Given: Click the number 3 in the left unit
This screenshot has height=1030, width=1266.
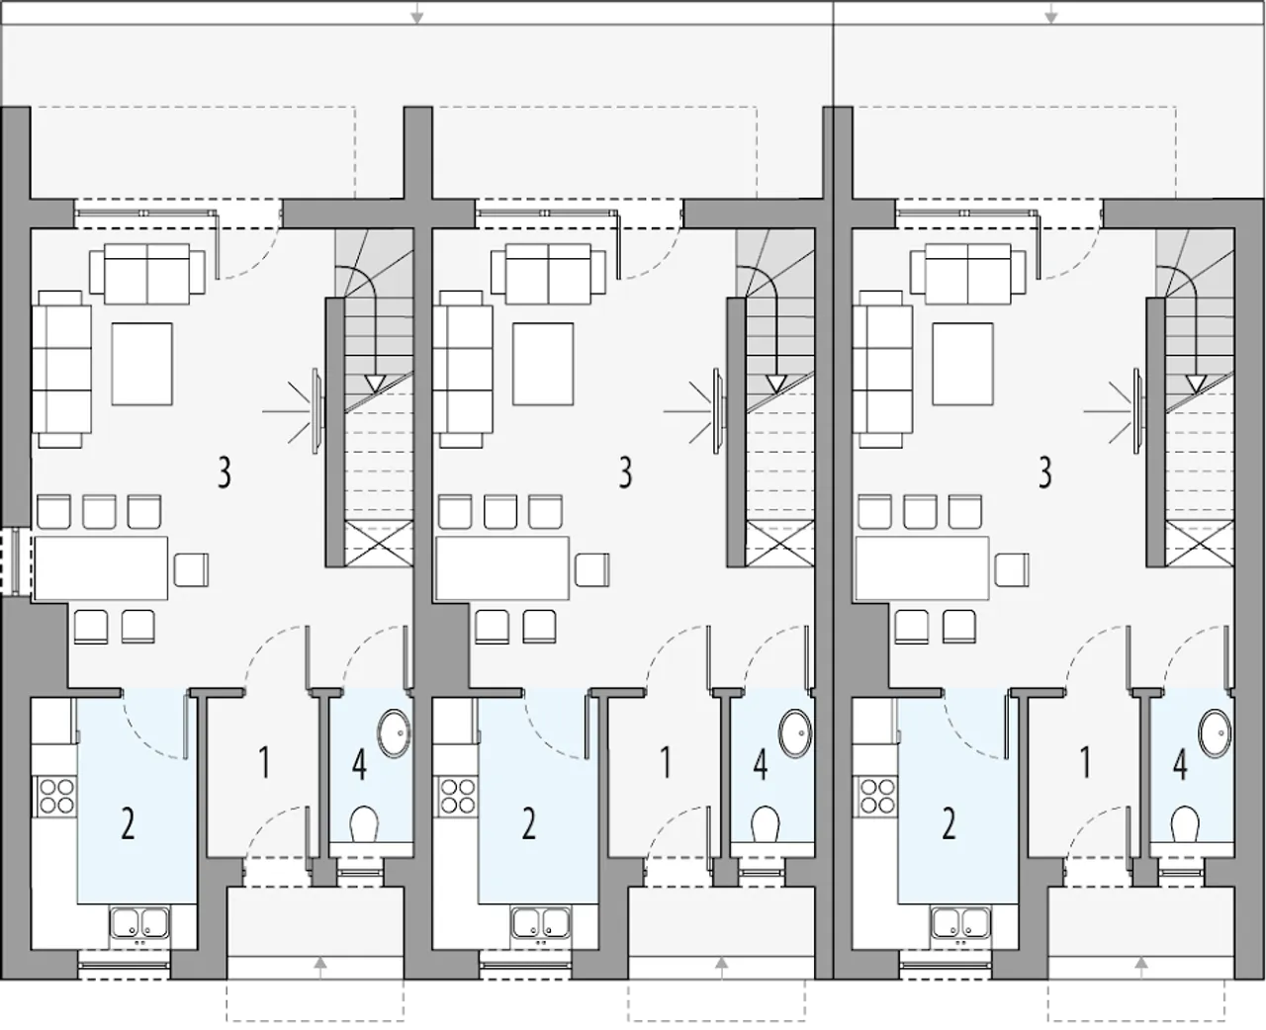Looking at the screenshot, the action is [225, 472].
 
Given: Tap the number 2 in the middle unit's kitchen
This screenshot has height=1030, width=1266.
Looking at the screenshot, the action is [528, 824].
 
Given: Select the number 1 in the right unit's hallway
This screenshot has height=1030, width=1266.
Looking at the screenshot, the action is [1085, 763].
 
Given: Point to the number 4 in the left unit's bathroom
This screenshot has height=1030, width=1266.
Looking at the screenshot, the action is [359, 764].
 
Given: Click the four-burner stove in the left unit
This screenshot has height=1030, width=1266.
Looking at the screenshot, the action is [57, 797].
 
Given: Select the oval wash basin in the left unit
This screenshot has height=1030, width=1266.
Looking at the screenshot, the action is [394, 733].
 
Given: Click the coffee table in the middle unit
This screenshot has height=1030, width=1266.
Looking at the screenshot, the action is [543, 364].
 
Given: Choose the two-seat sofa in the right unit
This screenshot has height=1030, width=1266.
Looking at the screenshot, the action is [967, 274].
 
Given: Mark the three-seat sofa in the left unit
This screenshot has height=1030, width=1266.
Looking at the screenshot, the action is [61, 369].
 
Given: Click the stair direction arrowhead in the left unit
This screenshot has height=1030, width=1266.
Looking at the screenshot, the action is [375, 384].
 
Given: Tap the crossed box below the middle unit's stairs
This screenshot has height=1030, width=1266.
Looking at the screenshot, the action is [780, 544].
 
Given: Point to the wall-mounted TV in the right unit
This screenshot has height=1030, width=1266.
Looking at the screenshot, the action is [1136, 411].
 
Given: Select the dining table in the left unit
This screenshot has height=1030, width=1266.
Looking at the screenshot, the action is [101, 567].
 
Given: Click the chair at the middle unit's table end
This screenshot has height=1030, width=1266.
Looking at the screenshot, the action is [592, 569].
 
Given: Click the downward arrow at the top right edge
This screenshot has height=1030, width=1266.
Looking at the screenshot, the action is [1050, 12].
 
